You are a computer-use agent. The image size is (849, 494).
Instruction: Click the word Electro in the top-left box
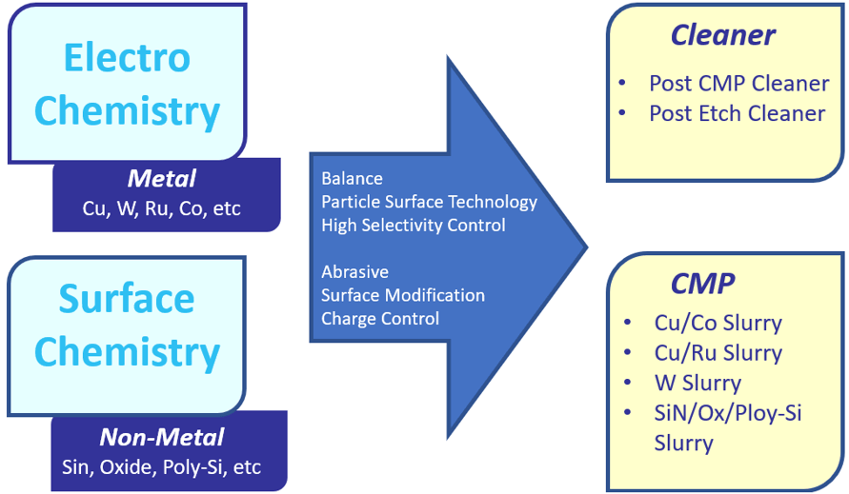pos(127,57)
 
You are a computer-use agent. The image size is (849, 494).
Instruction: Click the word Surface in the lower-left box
pos(127,298)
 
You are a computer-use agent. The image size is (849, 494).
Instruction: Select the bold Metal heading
pos(162,178)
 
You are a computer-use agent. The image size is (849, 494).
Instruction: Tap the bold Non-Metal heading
pos(162,437)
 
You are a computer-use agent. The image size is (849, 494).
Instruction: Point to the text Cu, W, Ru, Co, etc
pos(162,208)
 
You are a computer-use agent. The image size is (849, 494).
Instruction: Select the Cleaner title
pos(722,36)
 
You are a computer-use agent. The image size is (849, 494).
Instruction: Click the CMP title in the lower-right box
pos(702,285)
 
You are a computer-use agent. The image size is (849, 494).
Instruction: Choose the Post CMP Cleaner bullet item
pos(738,83)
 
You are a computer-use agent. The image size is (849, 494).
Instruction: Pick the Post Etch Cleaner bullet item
pos(737,113)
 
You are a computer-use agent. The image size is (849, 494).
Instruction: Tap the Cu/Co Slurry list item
pos(718,323)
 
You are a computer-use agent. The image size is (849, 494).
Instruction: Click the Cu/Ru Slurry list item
pos(718,353)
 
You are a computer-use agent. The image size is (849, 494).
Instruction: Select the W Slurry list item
pos(697,384)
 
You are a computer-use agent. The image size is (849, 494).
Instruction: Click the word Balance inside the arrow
pos(352,179)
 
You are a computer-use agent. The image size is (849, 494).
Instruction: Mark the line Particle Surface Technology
pos(429,202)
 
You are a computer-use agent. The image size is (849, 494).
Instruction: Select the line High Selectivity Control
pos(414,226)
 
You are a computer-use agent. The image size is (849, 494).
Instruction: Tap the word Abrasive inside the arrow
pos(354,272)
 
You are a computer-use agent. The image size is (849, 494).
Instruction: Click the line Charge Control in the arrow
pos(380,319)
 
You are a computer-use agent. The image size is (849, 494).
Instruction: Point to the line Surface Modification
pos(403,295)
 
